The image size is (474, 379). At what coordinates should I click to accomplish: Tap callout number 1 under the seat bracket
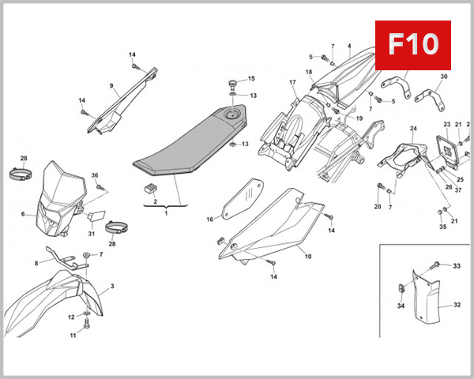(166, 213)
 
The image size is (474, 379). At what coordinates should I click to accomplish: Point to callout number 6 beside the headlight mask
(23, 214)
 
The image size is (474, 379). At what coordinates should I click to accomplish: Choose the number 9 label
(111, 85)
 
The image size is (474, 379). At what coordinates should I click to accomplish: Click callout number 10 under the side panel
(308, 256)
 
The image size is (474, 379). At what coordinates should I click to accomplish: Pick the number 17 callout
(292, 82)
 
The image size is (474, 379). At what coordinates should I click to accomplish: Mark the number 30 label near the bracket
(443, 77)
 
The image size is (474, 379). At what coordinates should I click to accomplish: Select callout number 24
(412, 128)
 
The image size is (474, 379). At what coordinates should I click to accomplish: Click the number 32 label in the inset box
(457, 305)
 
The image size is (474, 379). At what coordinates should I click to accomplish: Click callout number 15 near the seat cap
(252, 79)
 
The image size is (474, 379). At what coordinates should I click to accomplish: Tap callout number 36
(95, 175)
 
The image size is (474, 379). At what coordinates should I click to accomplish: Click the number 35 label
(442, 227)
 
